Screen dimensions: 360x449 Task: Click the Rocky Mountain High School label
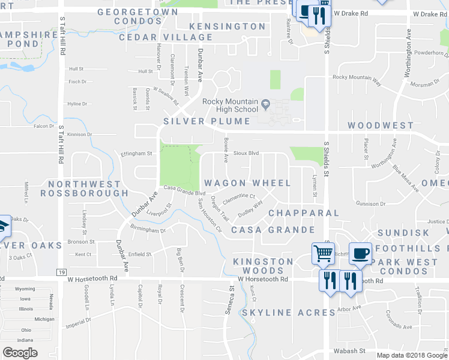pos(230,106)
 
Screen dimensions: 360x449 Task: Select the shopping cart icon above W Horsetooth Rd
pos(322,254)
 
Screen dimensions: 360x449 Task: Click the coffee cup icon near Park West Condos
pos(361,254)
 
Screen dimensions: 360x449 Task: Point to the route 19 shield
pos(61,272)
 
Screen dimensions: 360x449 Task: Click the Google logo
pos(20,352)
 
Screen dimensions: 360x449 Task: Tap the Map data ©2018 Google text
pos(411,355)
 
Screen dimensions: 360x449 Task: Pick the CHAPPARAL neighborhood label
pos(304,213)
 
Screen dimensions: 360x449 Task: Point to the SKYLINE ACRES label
pos(288,313)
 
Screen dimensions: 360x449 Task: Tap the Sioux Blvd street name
pos(246,153)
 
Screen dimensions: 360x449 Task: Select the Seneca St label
pos(231,296)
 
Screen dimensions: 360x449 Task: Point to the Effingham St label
pos(137,154)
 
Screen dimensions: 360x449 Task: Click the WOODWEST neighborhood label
pos(381,125)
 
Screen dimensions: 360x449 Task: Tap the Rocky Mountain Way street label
pos(357,77)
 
